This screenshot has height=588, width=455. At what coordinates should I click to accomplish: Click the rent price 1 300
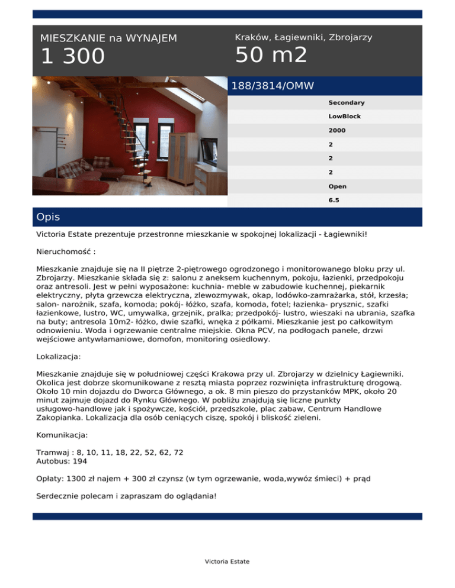(72, 57)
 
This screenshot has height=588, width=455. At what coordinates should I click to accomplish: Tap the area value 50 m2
(271, 55)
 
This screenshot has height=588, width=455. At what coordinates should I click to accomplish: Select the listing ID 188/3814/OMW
(273, 86)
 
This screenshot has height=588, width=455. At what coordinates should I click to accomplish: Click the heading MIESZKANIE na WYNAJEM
(108, 38)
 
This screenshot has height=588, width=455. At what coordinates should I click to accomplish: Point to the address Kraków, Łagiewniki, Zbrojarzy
(303, 37)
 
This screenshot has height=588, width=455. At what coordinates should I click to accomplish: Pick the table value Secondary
(347, 103)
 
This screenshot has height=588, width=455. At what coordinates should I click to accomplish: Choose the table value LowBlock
(345, 117)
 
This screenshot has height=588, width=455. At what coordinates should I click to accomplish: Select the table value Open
(338, 186)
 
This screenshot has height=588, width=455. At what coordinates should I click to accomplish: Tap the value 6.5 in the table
(334, 201)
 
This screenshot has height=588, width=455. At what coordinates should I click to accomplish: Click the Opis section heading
(48, 217)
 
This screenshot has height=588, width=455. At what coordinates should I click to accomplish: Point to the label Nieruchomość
(65, 251)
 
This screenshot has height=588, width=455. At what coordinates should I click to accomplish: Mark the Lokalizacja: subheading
(61, 358)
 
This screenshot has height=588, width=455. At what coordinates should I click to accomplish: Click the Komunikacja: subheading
(62, 435)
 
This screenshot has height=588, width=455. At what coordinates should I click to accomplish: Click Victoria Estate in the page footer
(227, 561)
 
